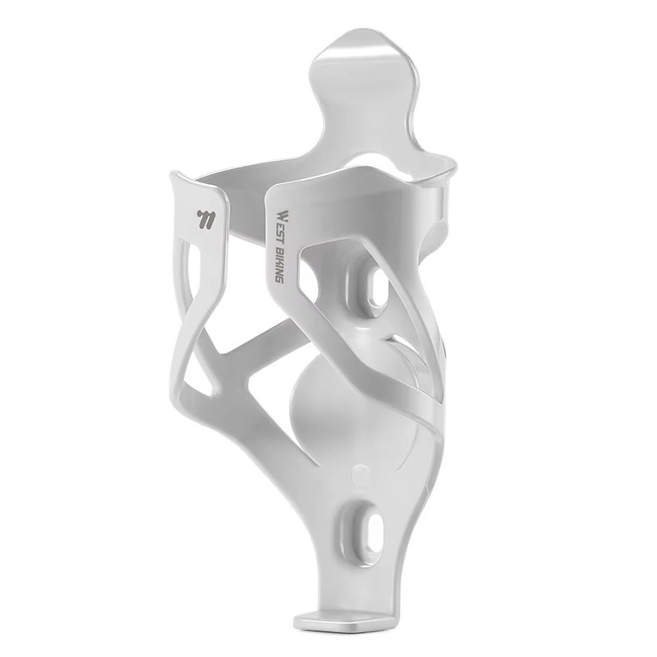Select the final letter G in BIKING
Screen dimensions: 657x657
(x=278, y=278)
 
